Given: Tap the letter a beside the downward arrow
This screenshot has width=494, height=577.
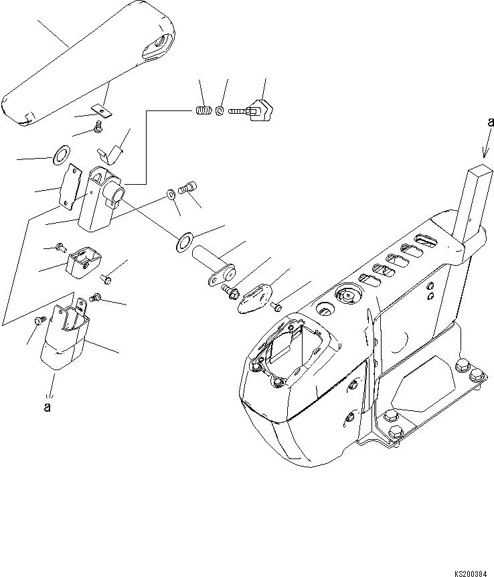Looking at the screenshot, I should click(491, 122).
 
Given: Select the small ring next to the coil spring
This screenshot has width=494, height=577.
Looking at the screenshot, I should click(219, 111).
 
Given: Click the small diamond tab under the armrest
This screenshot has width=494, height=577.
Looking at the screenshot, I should click(102, 108).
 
